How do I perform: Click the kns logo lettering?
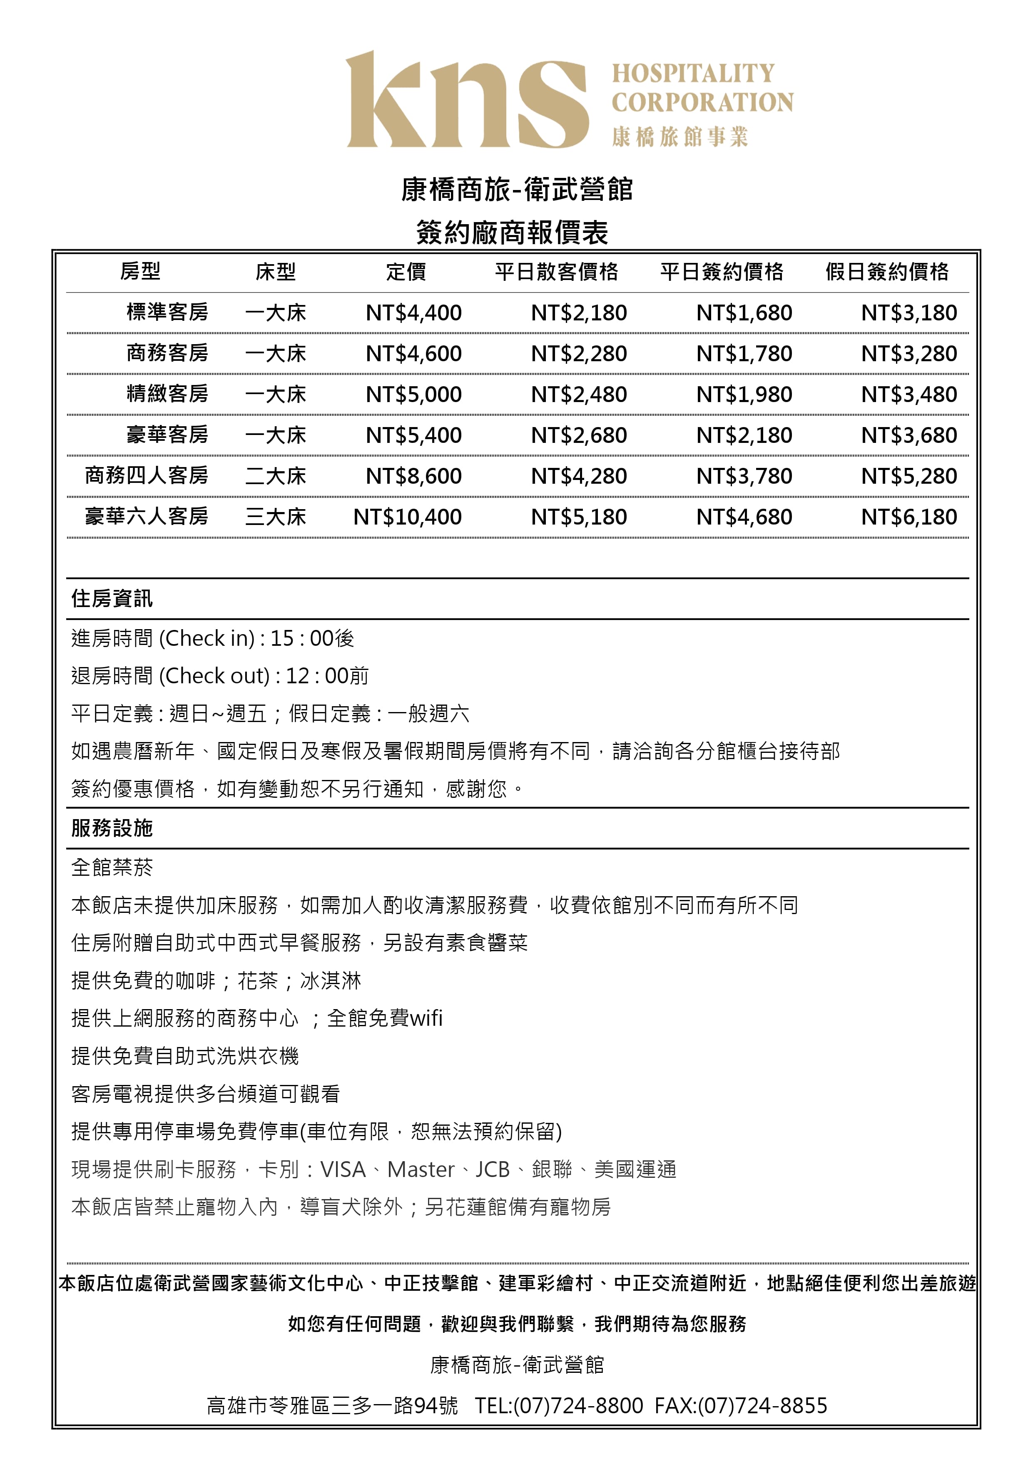coord(467,100)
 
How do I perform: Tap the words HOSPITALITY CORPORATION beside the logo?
coord(702,88)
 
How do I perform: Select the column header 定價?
coord(406,272)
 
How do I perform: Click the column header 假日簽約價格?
coord(886,272)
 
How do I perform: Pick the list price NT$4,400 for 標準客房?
coord(414,312)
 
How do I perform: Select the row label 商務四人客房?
coord(147,476)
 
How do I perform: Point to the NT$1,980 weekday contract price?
coord(744,394)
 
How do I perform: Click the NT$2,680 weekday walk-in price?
coord(579,435)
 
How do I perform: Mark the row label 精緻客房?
coord(167,394)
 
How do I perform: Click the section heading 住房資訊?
coord(112,599)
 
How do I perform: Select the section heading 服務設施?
coord(112,828)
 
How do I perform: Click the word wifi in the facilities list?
coord(426,1018)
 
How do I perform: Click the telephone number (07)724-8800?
coord(578,1405)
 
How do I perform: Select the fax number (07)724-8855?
coord(762,1405)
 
